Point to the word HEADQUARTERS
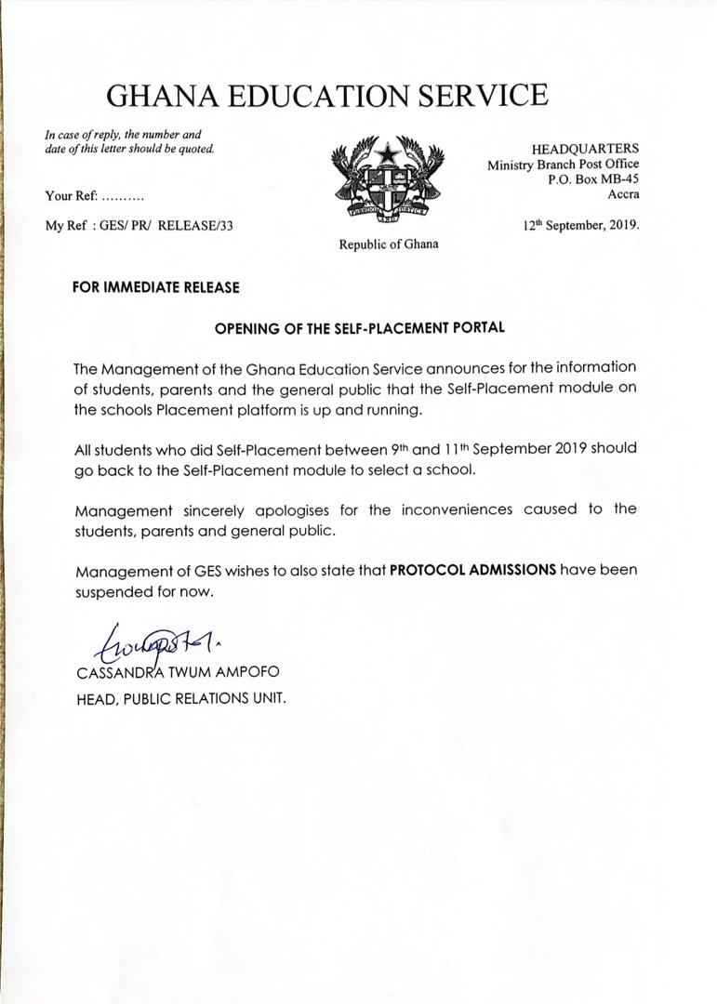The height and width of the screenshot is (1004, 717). click(585, 149)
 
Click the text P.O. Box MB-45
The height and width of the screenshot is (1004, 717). click(594, 179)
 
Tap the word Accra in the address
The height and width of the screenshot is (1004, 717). click(623, 194)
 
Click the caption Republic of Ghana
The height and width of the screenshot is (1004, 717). click(388, 244)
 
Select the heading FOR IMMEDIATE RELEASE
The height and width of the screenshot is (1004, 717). click(155, 288)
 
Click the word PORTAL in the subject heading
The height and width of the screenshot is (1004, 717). click(478, 328)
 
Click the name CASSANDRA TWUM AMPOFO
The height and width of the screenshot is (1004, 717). click(177, 671)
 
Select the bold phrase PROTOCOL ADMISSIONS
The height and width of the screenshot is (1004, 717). click(472, 569)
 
